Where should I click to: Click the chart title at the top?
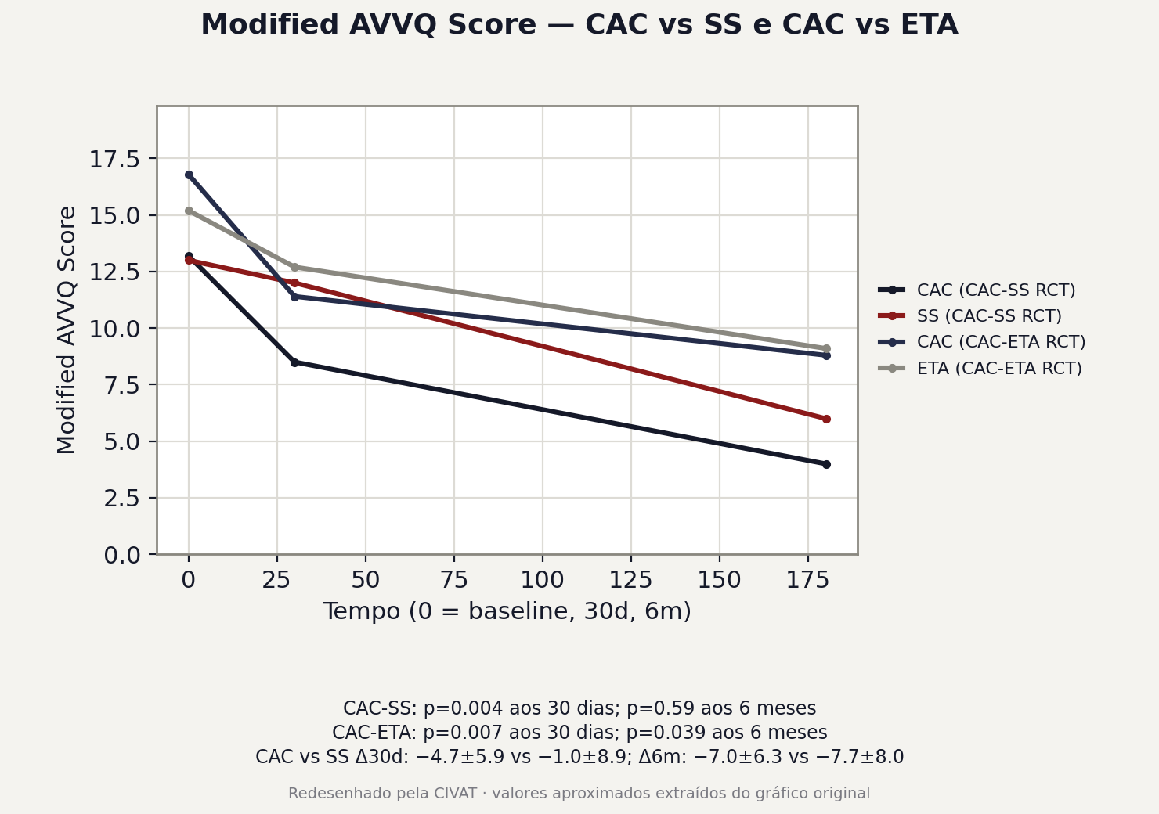point(579,24)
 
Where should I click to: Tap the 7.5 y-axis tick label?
point(123,385)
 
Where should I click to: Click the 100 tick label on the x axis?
point(542,580)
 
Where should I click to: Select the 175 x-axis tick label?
point(807,580)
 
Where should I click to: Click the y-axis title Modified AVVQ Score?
point(67,330)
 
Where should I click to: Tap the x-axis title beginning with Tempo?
point(507,611)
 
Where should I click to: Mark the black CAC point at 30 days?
point(295,362)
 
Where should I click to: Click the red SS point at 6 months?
point(826,419)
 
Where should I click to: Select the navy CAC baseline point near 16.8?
point(189,175)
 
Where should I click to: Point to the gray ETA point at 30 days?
point(295,268)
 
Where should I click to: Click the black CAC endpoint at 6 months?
point(826,464)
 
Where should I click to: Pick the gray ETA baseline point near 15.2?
point(189,211)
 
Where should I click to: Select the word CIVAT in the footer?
point(456,793)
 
